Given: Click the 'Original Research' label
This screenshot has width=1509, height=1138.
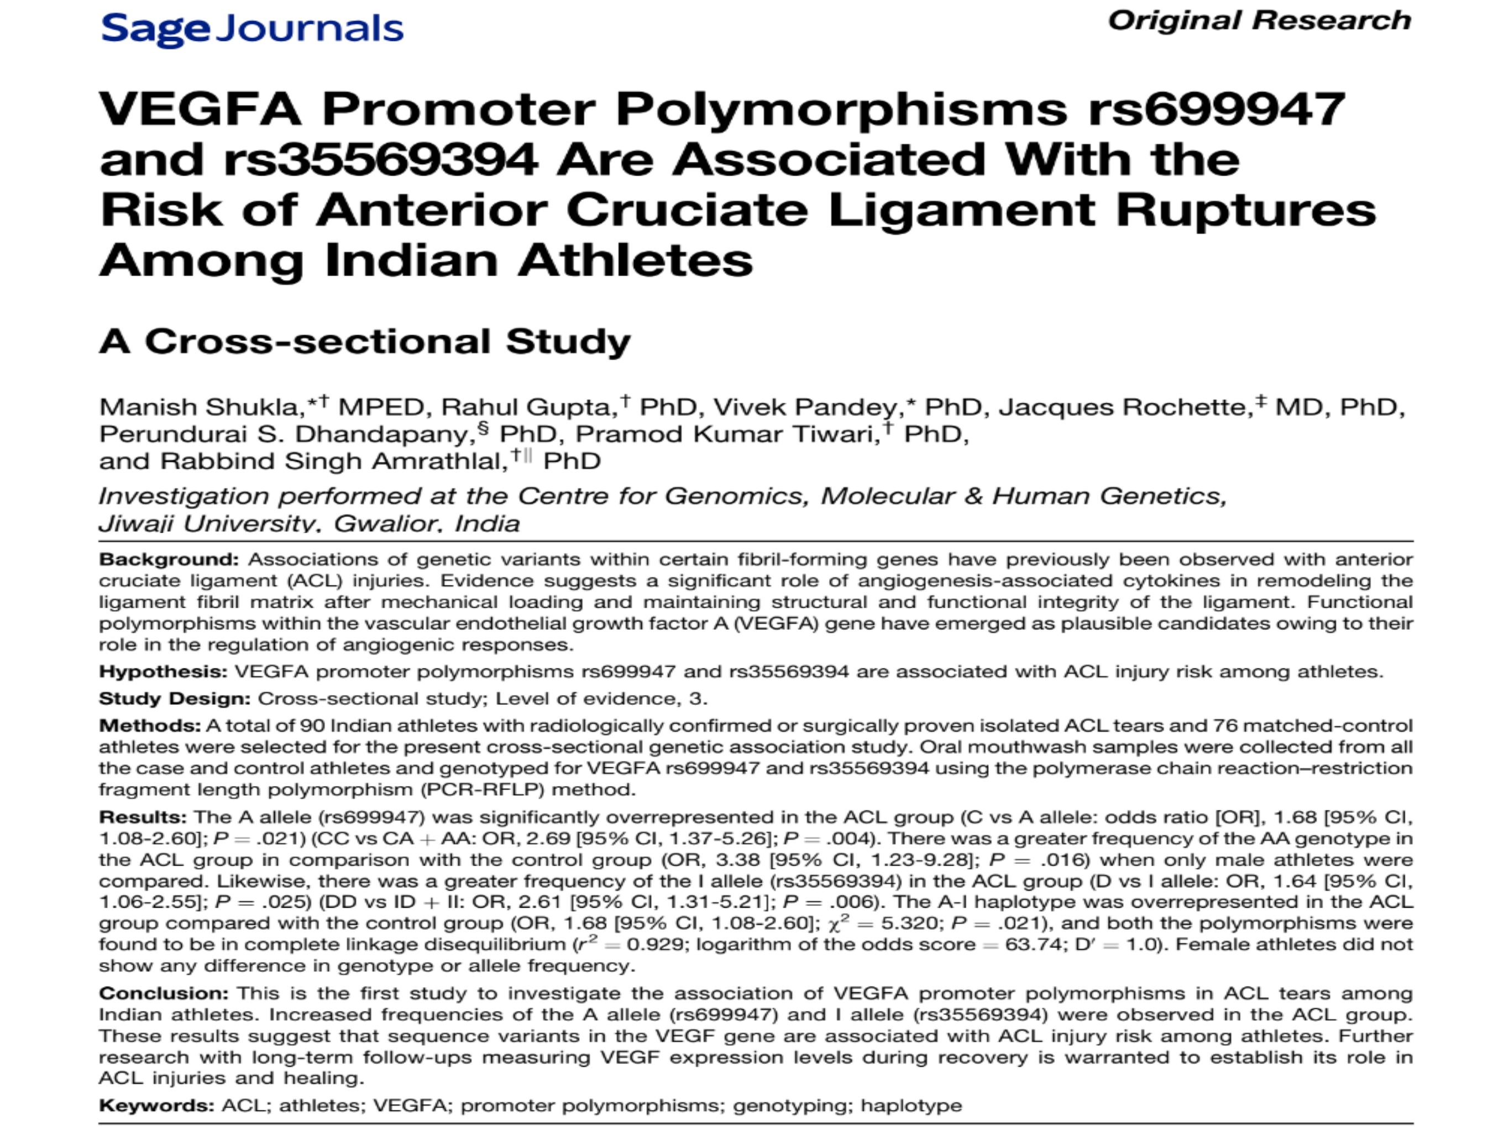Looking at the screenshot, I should coord(1259,20).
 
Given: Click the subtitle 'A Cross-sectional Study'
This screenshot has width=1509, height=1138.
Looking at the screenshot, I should coord(365,341).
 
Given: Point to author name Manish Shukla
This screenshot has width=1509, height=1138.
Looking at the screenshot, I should coord(198,408).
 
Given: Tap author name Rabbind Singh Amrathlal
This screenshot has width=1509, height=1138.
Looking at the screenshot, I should coord(334,462).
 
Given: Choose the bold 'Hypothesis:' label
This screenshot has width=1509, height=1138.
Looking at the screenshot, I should coord(163,672).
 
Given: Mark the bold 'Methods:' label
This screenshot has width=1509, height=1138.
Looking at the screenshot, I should coord(149,726).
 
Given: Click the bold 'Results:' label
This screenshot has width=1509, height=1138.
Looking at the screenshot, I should coord(143,817).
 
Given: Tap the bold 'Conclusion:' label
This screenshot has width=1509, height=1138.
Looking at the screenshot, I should coord(163,993).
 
